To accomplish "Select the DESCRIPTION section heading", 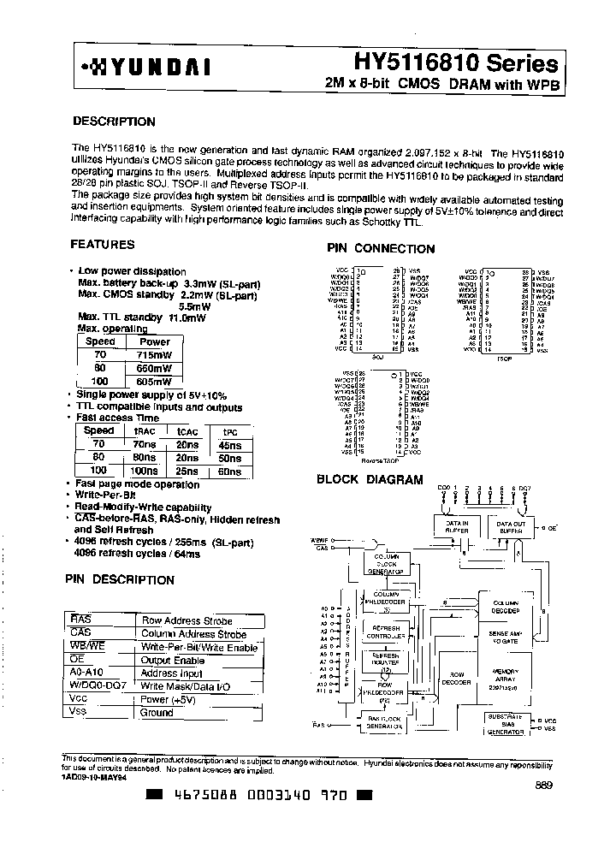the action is (114, 122).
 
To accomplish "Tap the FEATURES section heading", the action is (102, 245).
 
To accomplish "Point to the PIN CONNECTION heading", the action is (382, 249).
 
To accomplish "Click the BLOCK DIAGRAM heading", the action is (370, 479).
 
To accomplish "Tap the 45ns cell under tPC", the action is (230, 445).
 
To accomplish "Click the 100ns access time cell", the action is (145, 471).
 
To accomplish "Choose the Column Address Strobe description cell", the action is (193, 634).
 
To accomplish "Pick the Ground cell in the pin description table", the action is (157, 712).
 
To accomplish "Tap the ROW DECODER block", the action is (455, 678).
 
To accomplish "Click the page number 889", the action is (544, 786).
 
